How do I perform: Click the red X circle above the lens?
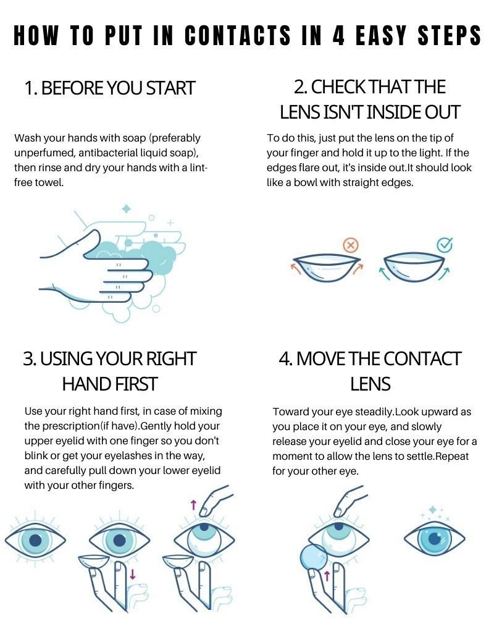(351, 245)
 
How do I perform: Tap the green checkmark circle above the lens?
(445, 245)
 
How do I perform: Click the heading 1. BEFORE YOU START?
(109, 88)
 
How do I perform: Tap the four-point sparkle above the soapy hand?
(127, 209)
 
